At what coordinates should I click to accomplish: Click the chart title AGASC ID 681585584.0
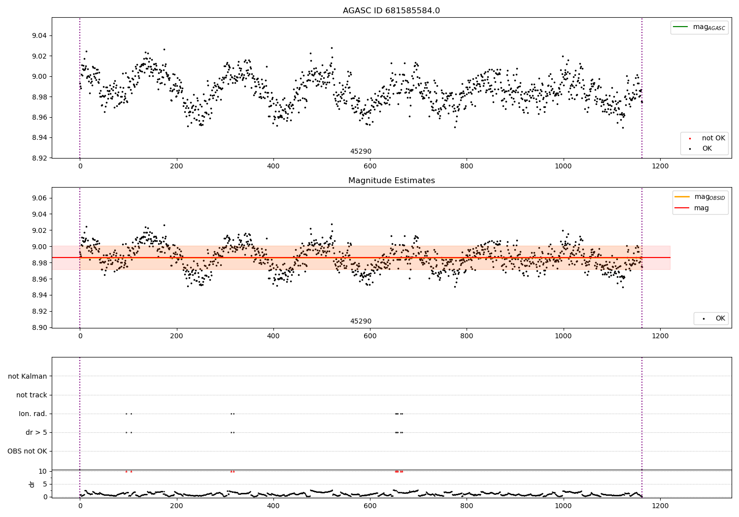(x=391, y=11)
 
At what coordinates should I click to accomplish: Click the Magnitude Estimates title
(x=391, y=181)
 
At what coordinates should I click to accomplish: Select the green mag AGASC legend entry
(x=699, y=27)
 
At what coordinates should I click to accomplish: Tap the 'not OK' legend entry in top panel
(x=713, y=138)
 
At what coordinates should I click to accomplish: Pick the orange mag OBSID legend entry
(x=700, y=197)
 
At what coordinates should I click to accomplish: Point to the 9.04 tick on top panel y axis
(x=39, y=36)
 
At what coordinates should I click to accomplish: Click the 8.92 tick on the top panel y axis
(x=39, y=158)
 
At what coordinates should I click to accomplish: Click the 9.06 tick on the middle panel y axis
(x=39, y=198)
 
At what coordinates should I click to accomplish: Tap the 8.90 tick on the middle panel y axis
(x=39, y=327)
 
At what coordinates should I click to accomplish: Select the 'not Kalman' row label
(x=28, y=376)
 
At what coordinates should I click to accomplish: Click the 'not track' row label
(x=32, y=395)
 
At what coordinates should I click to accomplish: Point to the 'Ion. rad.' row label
(x=33, y=414)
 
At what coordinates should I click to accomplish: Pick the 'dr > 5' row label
(x=36, y=432)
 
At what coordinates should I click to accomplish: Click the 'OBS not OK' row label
(x=27, y=451)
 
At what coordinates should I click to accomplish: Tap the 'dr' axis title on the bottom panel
(x=32, y=484)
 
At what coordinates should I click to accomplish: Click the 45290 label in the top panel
(x=361, y=152)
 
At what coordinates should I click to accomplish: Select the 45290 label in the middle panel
(x=361, y=322)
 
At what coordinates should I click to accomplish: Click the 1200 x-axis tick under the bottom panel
(x=660, y=506)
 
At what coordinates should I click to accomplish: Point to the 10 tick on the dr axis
(x=43, y=471)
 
